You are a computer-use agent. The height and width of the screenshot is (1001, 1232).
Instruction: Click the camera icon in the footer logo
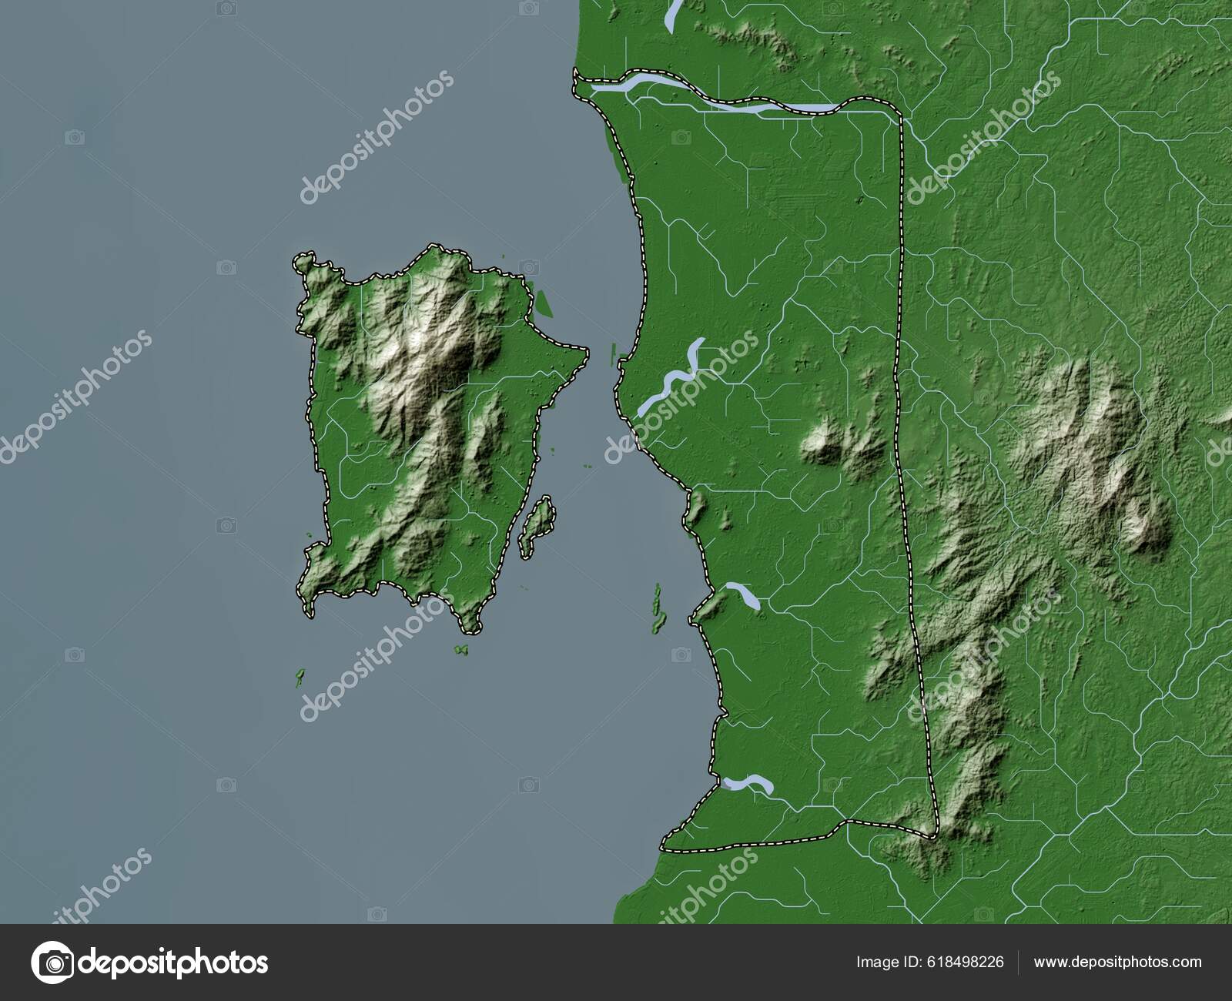coord(52,962)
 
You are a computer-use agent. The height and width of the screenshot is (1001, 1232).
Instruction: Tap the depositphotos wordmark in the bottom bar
coord(173,962)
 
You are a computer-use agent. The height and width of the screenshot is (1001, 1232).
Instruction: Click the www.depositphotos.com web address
coord(1117,962)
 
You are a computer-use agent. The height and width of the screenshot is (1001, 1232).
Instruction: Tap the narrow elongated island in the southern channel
coord(657,608)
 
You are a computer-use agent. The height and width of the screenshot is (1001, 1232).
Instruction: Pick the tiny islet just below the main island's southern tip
coord(461,651)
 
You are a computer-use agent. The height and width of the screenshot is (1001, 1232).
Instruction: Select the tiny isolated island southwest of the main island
coord(299,678)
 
